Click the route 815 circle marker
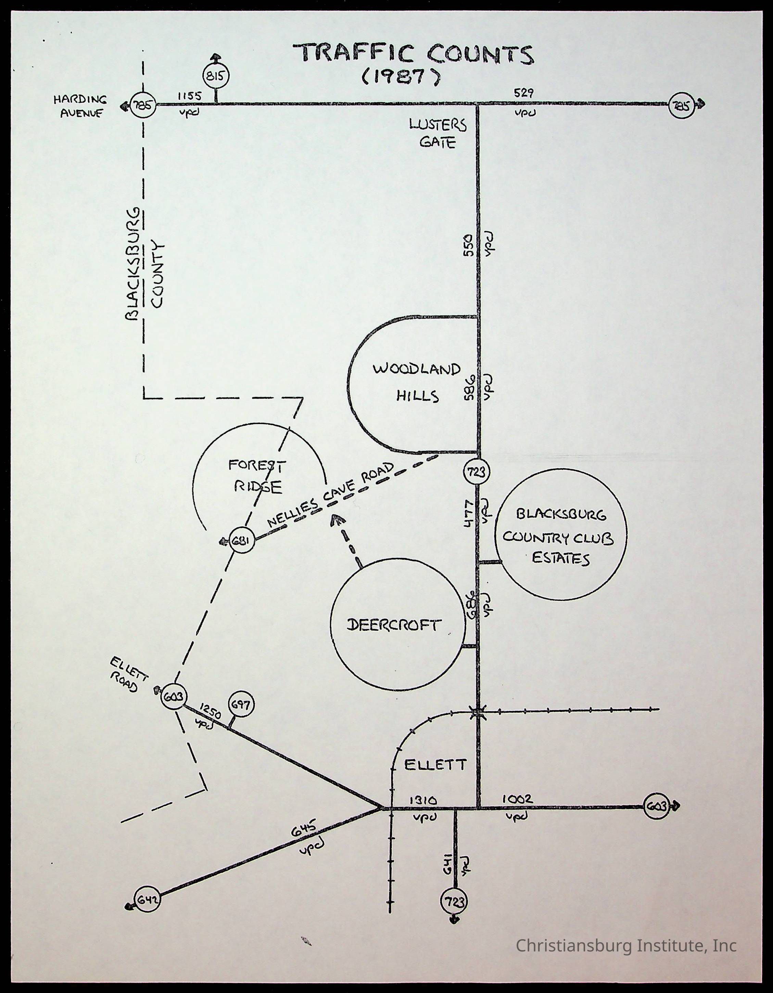pos(216,76)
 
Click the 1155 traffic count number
pos(189,96)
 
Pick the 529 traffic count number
pos(524,93)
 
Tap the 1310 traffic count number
pos(423,800)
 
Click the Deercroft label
pos(393,625)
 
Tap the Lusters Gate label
pos(438,133)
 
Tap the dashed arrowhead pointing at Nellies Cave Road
pos(337,520)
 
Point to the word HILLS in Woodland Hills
pos(417,396)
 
